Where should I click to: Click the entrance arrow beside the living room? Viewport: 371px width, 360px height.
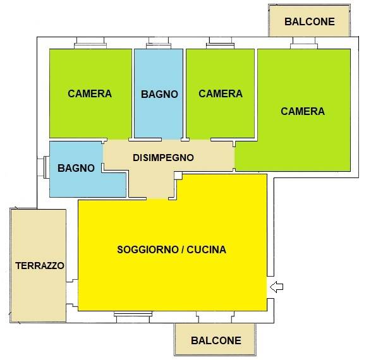click(x=276, y=287)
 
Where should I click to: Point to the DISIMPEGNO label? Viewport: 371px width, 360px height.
click(x=163, y=158)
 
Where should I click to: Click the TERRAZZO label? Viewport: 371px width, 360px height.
click(x=40, y=266)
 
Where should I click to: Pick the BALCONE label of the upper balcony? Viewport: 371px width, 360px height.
click(x=310, y=21)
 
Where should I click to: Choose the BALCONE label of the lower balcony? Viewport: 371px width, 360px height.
click(x=216, y=340)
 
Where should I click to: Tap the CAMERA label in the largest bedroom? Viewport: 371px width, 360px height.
click(x=303, y=111)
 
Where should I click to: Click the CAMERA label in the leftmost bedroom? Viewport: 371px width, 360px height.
click(x=90, y=93)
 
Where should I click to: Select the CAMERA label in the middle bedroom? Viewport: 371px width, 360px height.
click(x=221, y=93)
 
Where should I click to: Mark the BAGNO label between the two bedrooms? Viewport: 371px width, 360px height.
click(x=159, y=94)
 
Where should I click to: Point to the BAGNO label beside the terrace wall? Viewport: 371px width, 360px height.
click(x=76, y=168)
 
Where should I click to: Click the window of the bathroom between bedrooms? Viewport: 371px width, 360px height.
click(x=158, y=44)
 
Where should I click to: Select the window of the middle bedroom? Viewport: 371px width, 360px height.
click(x=221, y=44)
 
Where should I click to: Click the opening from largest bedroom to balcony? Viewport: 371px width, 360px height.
click(x=303, y=44)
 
